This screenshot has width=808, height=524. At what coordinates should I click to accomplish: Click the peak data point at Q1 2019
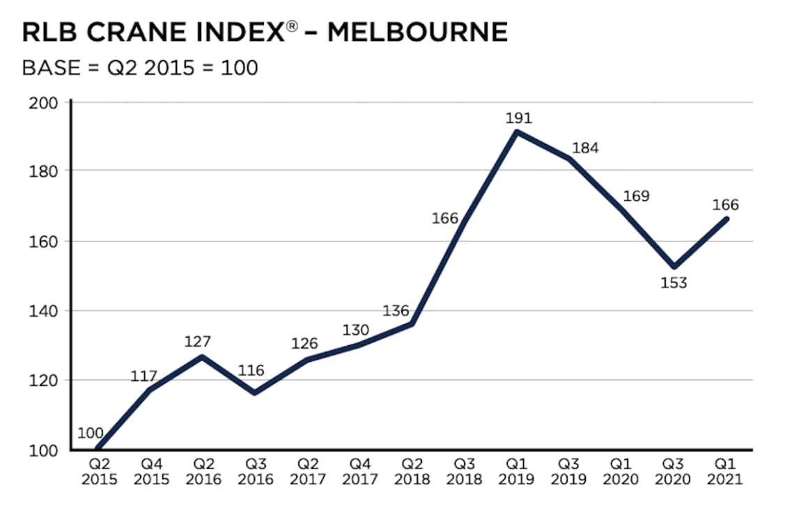(516, 132)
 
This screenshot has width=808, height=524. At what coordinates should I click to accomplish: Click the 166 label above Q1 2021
(725, 205)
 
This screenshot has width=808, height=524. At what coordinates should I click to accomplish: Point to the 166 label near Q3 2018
(444, 219)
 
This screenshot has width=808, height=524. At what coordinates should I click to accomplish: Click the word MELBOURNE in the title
(417, 32)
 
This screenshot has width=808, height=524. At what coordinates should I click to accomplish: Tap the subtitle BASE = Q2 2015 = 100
(140, 68)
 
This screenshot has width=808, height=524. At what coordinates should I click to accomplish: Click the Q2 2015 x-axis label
(99, 473)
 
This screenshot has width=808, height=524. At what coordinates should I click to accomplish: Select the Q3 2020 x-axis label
(674, 473)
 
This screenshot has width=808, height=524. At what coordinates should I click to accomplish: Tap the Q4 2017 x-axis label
(360, 473)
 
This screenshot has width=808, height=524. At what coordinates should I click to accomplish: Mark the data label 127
(198, 342)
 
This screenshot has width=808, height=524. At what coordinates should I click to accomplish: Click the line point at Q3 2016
(255, 392)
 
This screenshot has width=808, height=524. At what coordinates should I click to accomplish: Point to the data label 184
(585, 148)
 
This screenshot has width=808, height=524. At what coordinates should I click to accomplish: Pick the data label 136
(396, 310)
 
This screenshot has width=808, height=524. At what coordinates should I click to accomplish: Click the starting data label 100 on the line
(91, 434)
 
